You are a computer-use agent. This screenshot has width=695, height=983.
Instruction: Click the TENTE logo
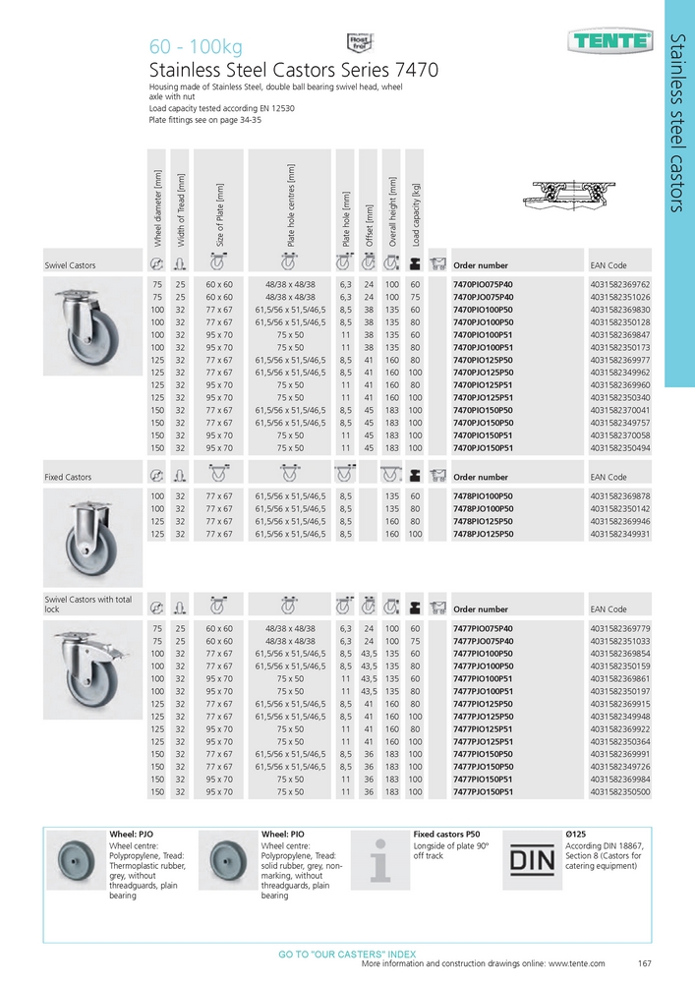click(x=610, y=41)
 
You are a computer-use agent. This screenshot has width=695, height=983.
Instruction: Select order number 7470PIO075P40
click(x=483, y=283)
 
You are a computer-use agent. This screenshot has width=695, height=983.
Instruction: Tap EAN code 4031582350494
click(x=620, y=448)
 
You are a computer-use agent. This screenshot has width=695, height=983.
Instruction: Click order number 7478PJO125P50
click(x=483, y=534)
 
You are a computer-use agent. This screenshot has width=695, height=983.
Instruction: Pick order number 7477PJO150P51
click(x=483, y=791)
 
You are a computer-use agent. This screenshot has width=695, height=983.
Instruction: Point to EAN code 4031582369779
click(x=620, y=627)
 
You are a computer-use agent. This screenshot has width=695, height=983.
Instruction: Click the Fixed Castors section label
click(x=68, y=477)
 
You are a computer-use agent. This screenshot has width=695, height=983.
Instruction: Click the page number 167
click(x=645, y=963)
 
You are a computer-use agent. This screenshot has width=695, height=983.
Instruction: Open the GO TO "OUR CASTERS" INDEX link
click(x=347, y=954)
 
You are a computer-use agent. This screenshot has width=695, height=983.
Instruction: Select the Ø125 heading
click(x=577, y=834)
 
